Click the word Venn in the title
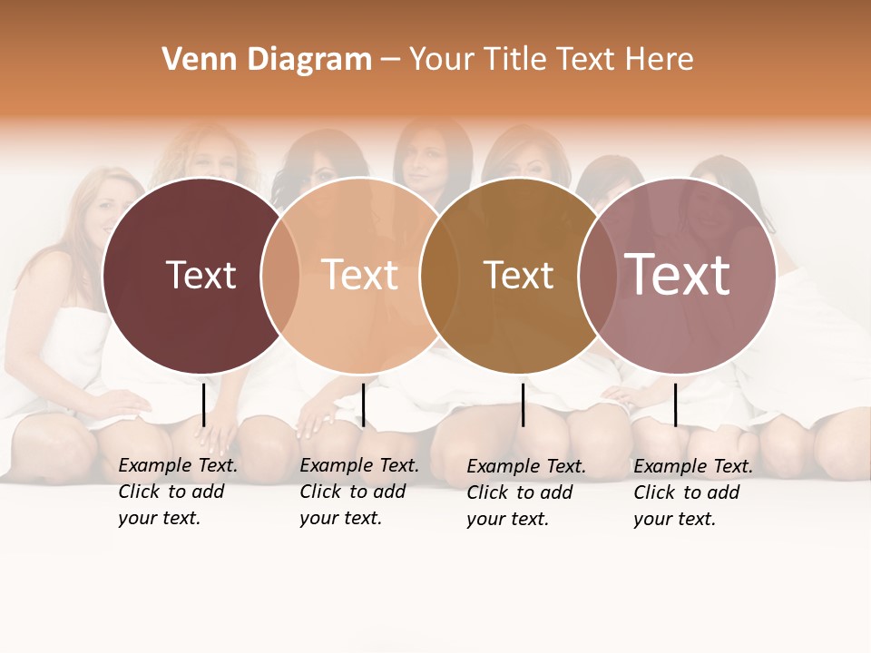191,60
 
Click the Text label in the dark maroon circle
201,275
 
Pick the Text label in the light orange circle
360,275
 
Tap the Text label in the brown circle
518,275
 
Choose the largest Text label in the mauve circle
678,274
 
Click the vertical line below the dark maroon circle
203,404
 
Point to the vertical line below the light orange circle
363,404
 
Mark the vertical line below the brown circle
523,404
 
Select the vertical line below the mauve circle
675,404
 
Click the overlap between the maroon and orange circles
280,275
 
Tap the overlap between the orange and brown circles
438,275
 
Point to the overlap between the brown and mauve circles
597,275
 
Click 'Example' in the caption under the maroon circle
155,466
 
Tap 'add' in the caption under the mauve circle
723,493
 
